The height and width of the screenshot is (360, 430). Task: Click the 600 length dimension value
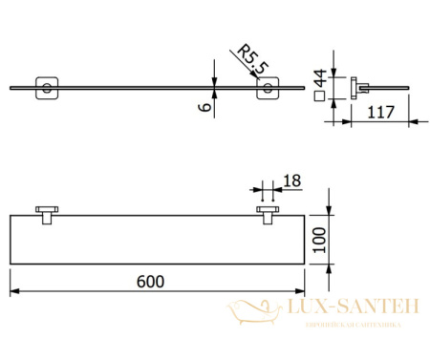(x=152, y=281)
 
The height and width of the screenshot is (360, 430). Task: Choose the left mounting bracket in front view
(x=45, y=215)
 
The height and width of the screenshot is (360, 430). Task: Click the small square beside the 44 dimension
(x=317, y=95)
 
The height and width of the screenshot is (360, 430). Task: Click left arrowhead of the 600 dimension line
(x=13, y=291)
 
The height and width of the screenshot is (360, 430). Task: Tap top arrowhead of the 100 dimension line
(x=329, y=214)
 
